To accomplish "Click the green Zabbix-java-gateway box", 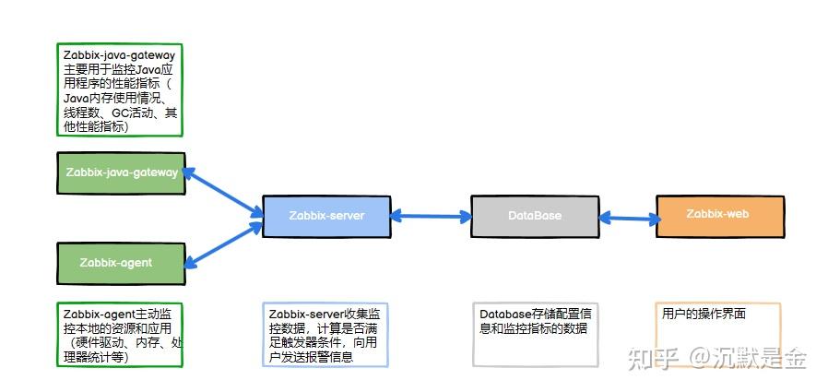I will tap(122, 173).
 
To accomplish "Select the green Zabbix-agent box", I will tap(122, 263).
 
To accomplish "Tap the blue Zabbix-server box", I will tap(326, 217).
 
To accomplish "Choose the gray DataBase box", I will tap(535, 216).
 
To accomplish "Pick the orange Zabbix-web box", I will tap(719, 215).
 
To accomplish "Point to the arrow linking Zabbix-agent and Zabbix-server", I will tap(223, 242).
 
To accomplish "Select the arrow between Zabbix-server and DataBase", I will tap(430, 217).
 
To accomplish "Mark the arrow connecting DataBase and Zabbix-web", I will tap(630, 219).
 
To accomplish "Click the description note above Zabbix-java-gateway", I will tap(120, 90).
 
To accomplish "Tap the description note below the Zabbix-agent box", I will tap(120, 335).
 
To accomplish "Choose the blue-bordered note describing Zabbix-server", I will tap(325, 335).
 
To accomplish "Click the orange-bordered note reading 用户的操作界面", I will tap(717, 335).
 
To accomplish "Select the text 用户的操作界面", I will tap(704, 315).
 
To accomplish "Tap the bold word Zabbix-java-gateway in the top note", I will tap(120, 55).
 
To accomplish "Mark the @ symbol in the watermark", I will tap(699, 358).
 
